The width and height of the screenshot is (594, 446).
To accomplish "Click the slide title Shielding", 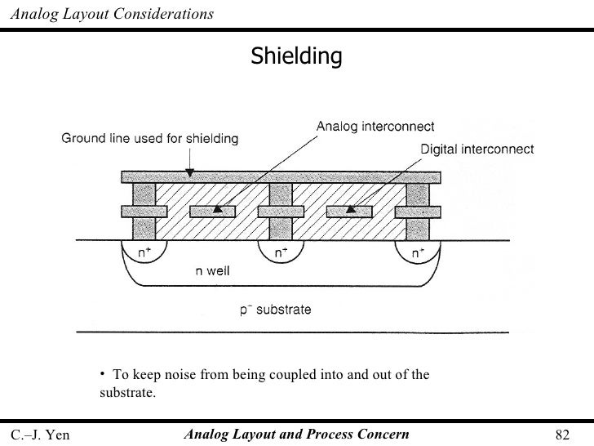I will [x=295, y=56].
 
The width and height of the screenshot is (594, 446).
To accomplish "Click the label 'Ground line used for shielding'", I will [x=151, y=139].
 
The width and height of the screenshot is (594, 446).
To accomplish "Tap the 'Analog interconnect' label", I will [x=375, y=126].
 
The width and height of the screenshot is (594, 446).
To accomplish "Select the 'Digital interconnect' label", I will [x=477, y=149].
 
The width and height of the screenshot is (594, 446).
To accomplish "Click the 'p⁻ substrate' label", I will [x=275, y=310].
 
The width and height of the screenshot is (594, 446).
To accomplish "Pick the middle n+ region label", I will [x=279, y=254].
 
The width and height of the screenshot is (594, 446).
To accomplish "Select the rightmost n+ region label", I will [x=417, y=254].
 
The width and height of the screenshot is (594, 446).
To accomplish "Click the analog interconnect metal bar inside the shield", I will [x=213, y=212].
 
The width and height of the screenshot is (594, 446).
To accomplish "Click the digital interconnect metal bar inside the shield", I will [x=349, y=212].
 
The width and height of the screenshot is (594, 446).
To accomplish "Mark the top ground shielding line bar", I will [x=281, y=176].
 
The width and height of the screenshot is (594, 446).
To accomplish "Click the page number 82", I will [x=561, y=434].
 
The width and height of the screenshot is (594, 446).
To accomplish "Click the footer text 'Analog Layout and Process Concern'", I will [x=297, y=434].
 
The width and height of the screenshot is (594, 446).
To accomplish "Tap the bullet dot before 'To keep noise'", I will [x=104, y=374].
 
